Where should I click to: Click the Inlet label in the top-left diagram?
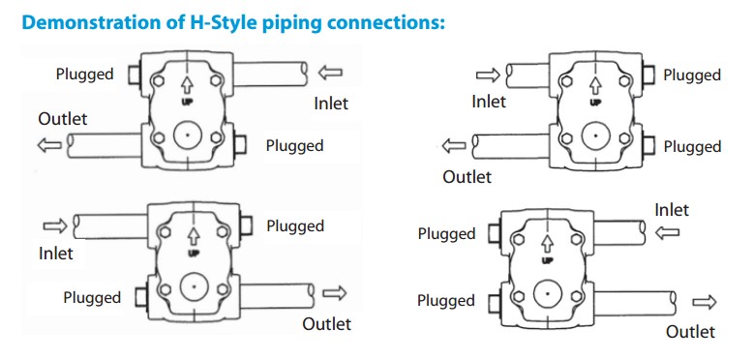click(331, 104)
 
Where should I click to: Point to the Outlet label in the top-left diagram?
click(63, 119)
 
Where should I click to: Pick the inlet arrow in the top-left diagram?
click(330, 73)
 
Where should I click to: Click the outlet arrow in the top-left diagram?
click(49, 145)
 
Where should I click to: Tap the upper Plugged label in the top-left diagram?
click(85, 75)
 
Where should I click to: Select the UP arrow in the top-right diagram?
click(595, 86)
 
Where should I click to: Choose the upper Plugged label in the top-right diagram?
click(692, 75)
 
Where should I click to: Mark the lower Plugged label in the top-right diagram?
click(692, 147)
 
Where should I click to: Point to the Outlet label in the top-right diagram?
click(467, 177)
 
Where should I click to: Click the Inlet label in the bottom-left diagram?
click(56, 253)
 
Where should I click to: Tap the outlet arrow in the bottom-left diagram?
click(335, 293)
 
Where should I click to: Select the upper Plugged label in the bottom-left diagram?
click(295, 226)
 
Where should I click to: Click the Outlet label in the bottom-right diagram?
click(690, 331)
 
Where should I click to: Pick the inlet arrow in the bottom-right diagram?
click(668, 233)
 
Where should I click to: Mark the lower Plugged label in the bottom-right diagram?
click(446, 301)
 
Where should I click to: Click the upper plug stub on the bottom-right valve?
click(495, 233)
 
